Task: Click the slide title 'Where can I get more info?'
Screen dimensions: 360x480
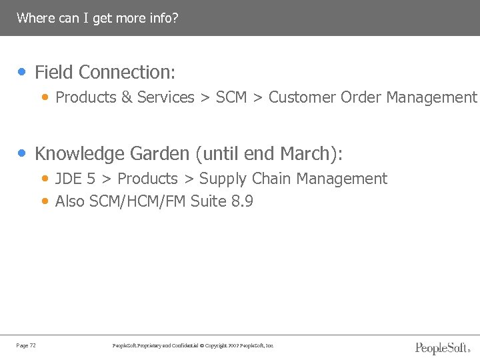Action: [97, 18]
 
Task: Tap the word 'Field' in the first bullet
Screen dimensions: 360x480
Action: [54, 72]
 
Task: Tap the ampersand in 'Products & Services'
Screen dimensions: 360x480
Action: [127, 97]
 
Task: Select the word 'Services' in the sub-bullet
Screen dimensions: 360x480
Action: [165, 97]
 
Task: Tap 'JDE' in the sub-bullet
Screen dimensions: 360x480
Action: [69, 179]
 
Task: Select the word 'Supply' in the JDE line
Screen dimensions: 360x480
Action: [223, 179]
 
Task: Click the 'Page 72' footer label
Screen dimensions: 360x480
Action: [26, 345]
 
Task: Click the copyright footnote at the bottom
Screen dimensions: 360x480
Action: [193, 345]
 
